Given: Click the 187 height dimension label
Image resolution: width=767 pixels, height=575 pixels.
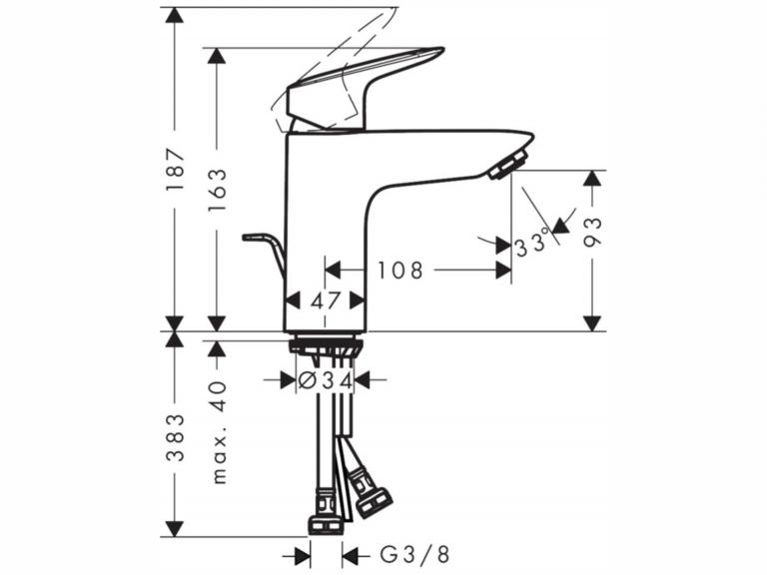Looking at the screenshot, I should coord(175,171).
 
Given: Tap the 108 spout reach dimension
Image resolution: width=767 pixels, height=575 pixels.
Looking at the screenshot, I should coord(399,270).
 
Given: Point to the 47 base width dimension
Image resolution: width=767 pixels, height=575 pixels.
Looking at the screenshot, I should coord(326,299).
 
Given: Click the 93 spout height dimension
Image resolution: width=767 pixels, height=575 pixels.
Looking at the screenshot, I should coord(592,237).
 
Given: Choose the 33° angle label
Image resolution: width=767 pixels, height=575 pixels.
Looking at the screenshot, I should coord(532,243).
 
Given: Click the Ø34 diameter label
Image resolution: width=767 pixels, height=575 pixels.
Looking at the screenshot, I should coord(326,379).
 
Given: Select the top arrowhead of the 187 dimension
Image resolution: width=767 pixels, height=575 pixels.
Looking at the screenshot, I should coord(175,15).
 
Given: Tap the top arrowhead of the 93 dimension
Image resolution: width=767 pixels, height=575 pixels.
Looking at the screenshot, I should coord(592,179).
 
